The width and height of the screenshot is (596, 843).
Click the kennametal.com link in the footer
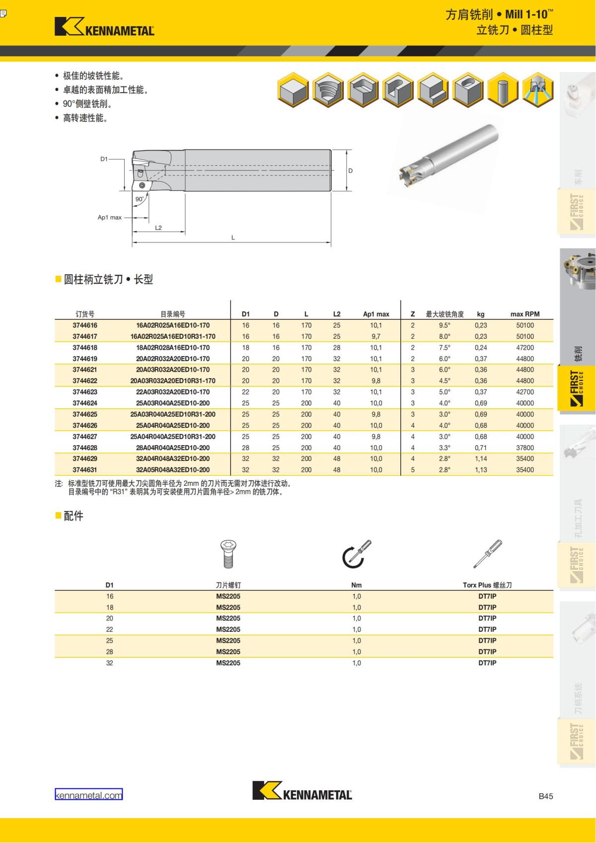[x=88, y=795]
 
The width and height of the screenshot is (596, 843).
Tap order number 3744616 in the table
[x=84, y=325]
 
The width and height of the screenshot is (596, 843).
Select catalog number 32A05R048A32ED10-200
[x=173, y=470]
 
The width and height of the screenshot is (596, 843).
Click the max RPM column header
[x=525, y=314]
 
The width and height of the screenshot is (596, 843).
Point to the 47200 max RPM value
[x=525, y=348]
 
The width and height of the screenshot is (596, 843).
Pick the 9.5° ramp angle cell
[x=445, y=325]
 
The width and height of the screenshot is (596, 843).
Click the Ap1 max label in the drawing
[x=109, y=218]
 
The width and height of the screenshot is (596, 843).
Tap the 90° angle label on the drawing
[x=140, y=199]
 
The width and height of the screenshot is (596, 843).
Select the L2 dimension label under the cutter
[x=158, y=228]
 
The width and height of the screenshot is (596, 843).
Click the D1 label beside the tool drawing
[x=104, y=159]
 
